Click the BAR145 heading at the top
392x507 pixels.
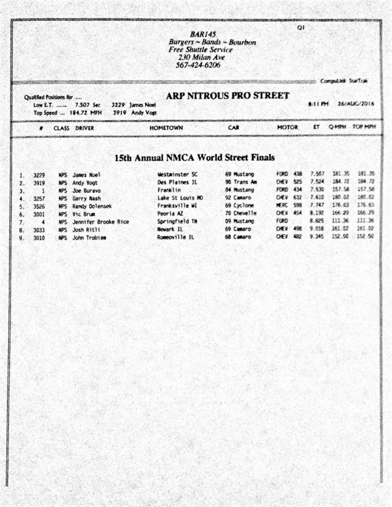203,34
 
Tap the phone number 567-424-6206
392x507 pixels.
198,65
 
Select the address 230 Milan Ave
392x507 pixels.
202,57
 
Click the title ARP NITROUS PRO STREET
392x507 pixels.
228,96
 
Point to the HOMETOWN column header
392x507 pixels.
166,128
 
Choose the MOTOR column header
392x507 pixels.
287,127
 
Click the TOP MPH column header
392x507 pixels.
364,127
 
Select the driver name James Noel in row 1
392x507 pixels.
86,175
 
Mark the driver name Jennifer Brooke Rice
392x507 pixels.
101,222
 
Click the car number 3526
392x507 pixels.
39,207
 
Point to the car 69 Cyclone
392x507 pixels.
239,205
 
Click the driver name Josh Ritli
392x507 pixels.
86,230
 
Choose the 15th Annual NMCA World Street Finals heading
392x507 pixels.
194,158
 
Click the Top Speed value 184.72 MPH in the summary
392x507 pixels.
86,113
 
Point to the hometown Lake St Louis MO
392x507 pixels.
180,198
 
